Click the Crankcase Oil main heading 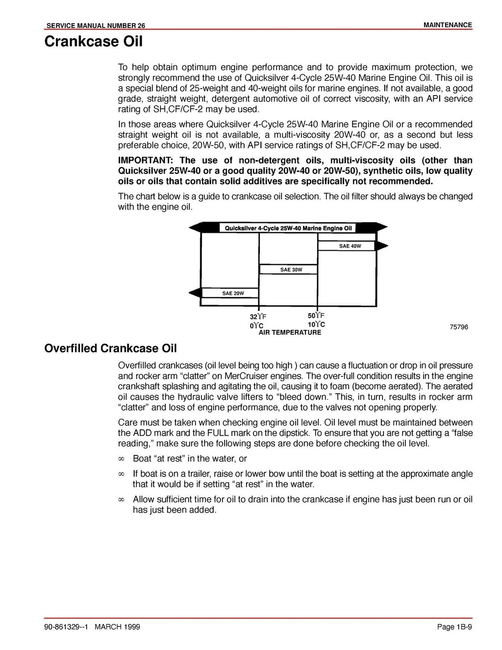click(93, 42)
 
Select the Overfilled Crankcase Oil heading click(110, 349)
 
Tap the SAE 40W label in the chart click(350, 246)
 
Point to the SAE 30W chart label click(291, 270)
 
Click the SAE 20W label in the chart click(233, 293)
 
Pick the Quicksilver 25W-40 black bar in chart click(288, 228)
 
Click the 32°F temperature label click(258, 317)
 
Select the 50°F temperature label click(316, 316)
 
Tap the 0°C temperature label click(256, 325)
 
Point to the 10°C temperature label click(316, 325)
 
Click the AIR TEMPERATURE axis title click(290, 332)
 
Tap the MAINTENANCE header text click(448, 25)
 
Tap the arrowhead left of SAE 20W click(195, 293)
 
